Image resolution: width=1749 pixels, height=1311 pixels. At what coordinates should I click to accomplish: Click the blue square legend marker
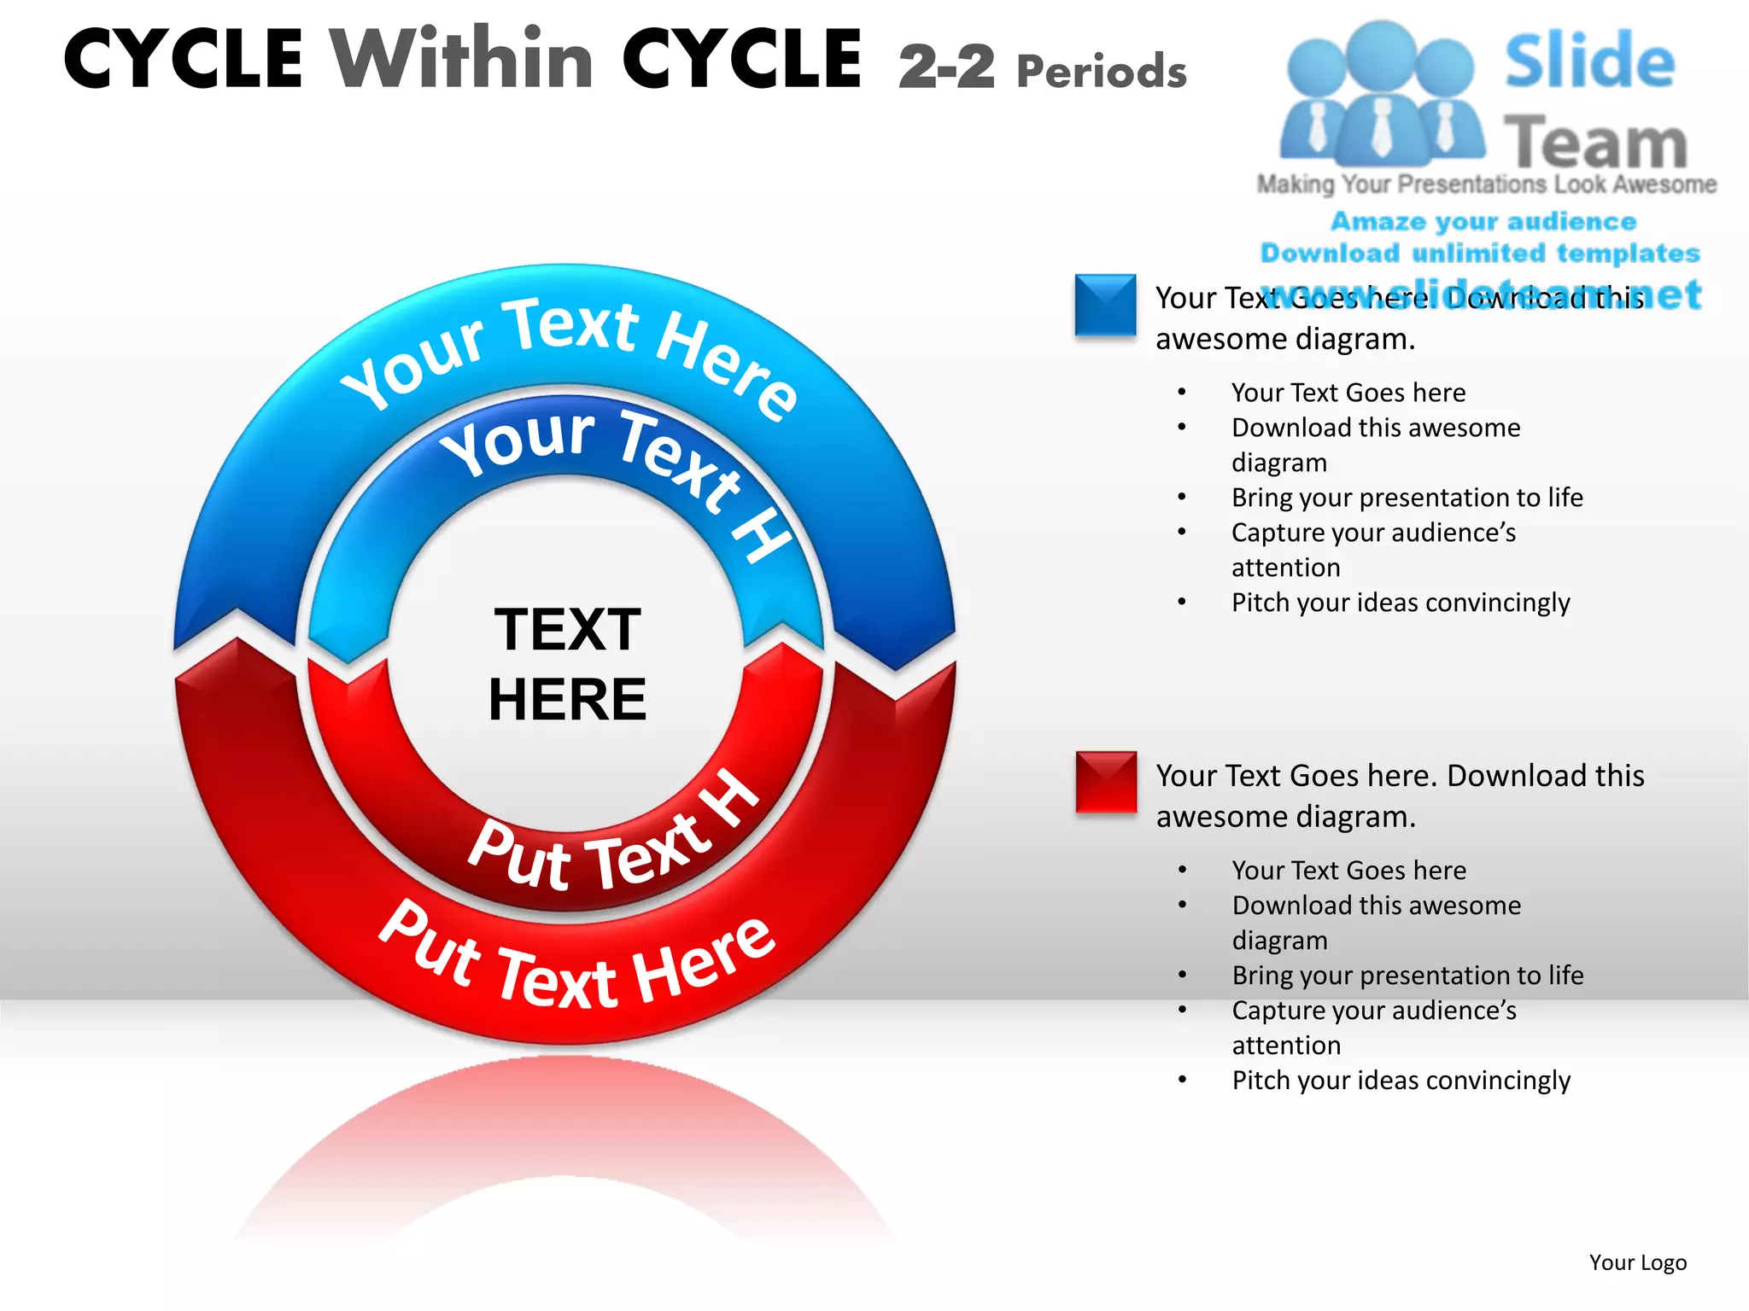click(1105, 305)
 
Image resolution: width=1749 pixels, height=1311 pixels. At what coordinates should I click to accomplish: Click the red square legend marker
click(1106, 782)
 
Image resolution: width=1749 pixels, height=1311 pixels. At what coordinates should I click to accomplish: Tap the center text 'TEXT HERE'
click(567, 664)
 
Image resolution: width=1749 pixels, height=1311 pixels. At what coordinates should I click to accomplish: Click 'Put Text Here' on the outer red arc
click(576, 964)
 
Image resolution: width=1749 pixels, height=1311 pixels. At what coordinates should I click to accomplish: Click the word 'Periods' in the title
click(1102, 71)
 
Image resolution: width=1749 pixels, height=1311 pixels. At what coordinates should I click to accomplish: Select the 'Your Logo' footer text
click(1637, 1262)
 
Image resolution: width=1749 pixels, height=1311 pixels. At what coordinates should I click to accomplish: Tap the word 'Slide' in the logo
click(1589, 61)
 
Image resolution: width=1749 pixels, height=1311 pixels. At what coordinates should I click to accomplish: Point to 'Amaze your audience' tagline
click(1483, 222)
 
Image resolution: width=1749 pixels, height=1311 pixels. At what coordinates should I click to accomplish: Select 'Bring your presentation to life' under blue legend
click(1407, 498)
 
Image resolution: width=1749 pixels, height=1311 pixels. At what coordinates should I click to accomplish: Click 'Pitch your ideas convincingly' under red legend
click(1401, 1081)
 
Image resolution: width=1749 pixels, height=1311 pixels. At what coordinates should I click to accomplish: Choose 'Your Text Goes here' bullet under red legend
click(1348, 871)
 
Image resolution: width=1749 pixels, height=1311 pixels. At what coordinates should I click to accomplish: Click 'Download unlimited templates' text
click(1480, 253)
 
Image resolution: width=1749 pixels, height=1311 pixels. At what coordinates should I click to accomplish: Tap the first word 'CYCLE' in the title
click(183, 60)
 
